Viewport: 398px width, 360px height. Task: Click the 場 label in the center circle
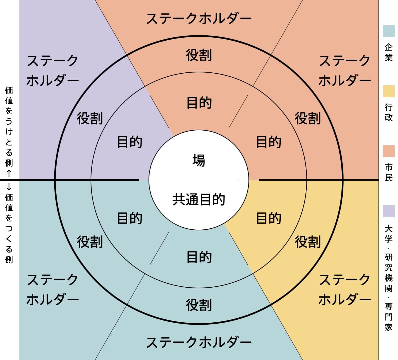click(x=199, y=161)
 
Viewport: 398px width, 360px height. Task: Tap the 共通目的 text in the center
click(x=199, y=199)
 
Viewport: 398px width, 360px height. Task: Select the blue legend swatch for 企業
click(x=389, y=31)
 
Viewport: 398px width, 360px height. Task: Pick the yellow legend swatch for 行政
click(x=389, y=91)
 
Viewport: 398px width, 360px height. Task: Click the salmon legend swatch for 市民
click(x=389, y=151)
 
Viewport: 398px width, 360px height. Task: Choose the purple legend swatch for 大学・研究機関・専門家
click(x=389, y=211)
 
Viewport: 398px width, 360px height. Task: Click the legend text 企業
click(x=389, y=52)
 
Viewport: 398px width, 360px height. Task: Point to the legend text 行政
click(x=389, y=112)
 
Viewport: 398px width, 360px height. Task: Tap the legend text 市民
click(x=389, y=172)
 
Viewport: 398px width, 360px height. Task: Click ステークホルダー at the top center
click(x=199, y=19)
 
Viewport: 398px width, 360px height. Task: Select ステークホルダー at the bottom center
click(x=199, y=342)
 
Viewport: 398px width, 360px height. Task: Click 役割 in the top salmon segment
click(x=199, y=55)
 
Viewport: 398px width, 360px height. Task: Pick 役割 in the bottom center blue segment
click(x=199, y=305)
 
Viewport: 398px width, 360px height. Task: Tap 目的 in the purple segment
click(x=130, y=142)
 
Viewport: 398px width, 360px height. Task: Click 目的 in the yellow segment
click(x=268, y=218)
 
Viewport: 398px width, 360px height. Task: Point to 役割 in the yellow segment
click(x=308, y=242)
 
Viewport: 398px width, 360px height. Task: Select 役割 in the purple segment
click(x=90, y=118)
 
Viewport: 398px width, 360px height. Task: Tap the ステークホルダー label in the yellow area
click(x=344, y=290)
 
